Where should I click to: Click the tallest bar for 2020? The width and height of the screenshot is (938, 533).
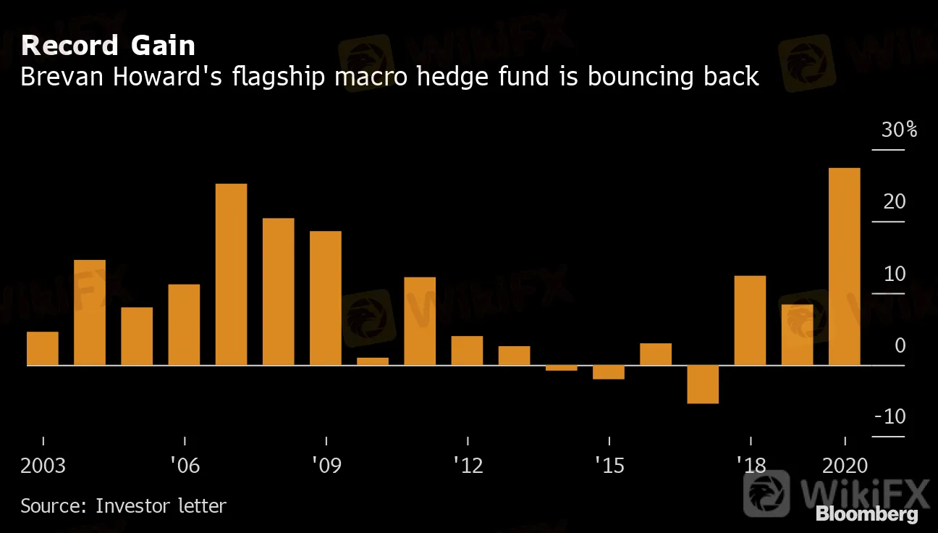tap(844, 266)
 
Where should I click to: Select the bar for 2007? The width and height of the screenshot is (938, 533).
tap(231, 274)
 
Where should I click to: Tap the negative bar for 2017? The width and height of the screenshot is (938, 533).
tap(703, 384)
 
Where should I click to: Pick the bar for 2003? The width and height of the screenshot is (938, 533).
tap(43, 348)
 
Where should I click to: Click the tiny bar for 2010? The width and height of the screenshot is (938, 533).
tap(373, 361)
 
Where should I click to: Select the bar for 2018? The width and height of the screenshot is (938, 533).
tap(750, 320)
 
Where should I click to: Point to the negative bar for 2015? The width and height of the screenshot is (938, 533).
tap(609, 372)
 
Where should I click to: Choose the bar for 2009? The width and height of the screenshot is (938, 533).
tap(326, 298)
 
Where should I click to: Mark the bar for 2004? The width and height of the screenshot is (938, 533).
tap(90, 312)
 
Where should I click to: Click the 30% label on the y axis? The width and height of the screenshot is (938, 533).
tap(899, 130)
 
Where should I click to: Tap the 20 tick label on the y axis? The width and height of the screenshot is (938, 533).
tap(895, 201)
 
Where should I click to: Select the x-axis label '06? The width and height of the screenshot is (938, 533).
tap(185, 465)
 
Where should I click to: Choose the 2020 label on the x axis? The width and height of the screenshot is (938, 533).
tap(845, 465)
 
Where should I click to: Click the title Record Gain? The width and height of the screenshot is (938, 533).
tap(108, 46)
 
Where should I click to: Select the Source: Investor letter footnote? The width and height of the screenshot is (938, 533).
tap(123, 505)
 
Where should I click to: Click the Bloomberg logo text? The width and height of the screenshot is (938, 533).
tap(866, 514)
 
